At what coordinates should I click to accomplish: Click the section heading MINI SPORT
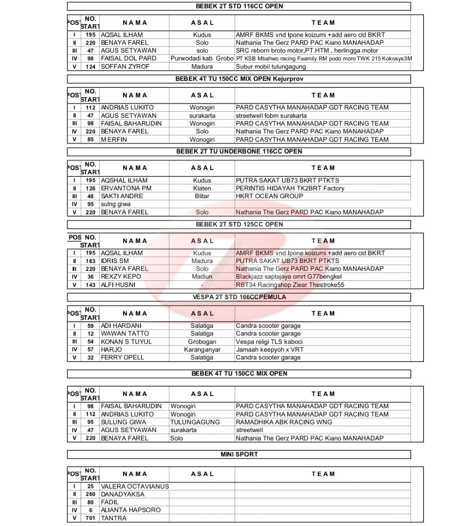(239, 454)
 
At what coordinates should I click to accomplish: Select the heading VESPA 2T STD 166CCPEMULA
(239, 297)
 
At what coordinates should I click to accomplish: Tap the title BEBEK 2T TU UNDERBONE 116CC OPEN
(239, 151)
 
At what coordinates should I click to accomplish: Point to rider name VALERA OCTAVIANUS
(135, 487)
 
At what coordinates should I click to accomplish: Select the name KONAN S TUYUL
(126, 341)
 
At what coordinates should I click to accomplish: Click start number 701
(91, 518)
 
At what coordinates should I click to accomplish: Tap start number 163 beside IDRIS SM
(91, 261)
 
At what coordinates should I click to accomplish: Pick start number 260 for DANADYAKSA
(91, 495)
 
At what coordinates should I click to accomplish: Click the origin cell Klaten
(202, 188)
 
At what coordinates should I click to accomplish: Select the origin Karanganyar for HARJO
(202, 349)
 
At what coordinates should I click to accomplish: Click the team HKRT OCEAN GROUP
(269, 196)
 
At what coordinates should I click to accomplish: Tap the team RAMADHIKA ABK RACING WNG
(284, 422)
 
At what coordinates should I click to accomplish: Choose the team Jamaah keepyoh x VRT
(270, 349)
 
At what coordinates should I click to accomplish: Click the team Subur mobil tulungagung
(271, 67)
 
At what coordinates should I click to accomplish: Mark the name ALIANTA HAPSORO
(131, 510)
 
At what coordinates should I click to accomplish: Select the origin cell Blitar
(202, 196)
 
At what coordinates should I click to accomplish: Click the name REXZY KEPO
(121, 277)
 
